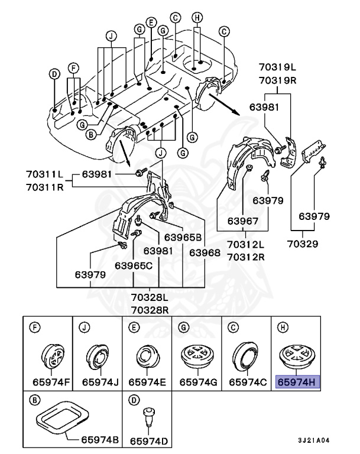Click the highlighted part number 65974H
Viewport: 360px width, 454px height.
tap(298, 382)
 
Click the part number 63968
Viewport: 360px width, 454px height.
tap(205, 252)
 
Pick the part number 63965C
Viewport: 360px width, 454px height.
tap(134, 265)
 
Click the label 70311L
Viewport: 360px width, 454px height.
tap(44, 174)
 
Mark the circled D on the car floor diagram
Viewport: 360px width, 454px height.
tap(54, 74)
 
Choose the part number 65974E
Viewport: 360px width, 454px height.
tap(147, 382)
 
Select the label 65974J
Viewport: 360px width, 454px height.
tap(98, 382)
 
